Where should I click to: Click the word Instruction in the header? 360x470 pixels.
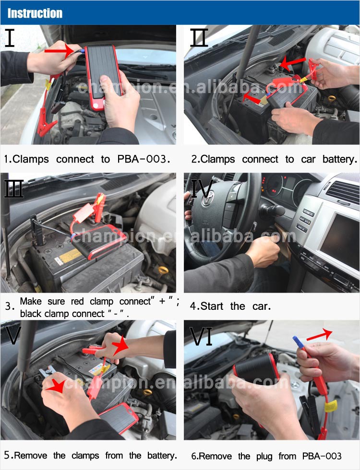(35, 13)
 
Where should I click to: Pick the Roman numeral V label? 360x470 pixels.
(13, 335)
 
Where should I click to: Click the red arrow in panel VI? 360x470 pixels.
(319, 335)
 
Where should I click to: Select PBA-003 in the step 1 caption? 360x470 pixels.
(144, 159)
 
